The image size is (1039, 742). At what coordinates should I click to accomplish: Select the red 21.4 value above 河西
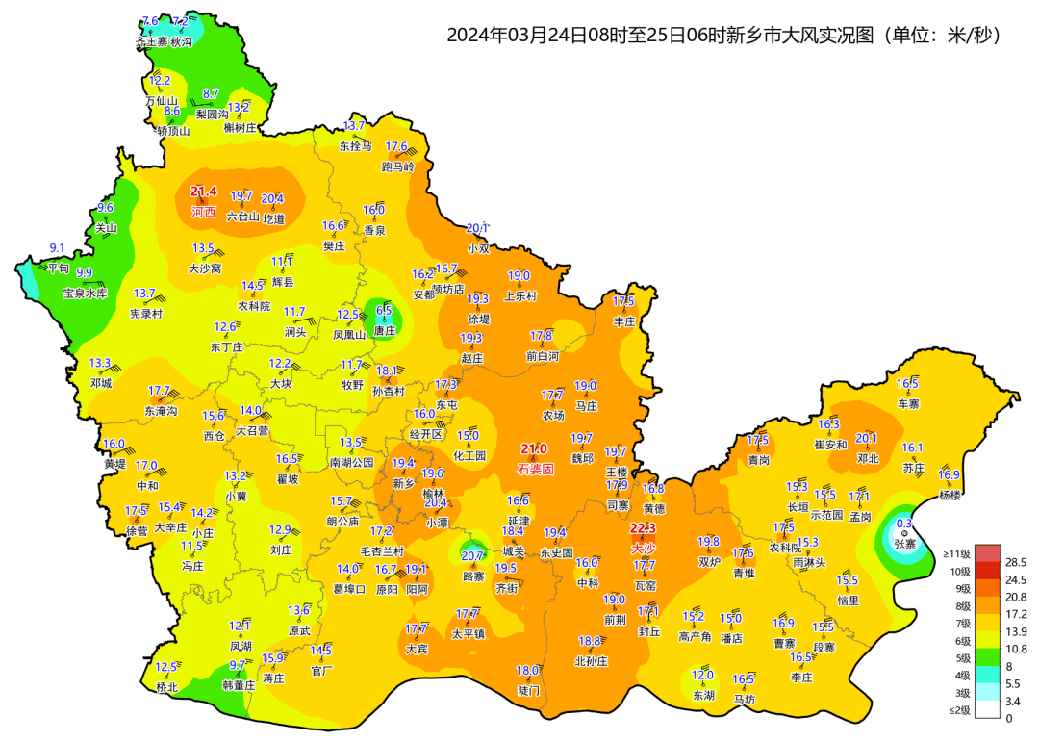tap(204, 192)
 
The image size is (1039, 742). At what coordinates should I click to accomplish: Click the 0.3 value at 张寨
tap(904, 524)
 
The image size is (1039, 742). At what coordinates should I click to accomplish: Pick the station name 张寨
tap(905, 544)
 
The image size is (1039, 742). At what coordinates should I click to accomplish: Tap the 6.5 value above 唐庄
tap(384, 310)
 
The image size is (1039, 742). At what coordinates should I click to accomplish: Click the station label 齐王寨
tap(151, 42)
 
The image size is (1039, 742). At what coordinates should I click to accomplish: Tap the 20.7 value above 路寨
tap(472, 556)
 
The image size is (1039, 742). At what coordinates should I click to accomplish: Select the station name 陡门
tap(528, 690)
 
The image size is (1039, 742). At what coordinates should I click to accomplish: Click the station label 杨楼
tap(950, 495)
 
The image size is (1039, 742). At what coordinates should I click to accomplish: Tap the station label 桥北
tap(166, 687)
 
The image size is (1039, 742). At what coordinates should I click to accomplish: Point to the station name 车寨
tap(908, 403)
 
